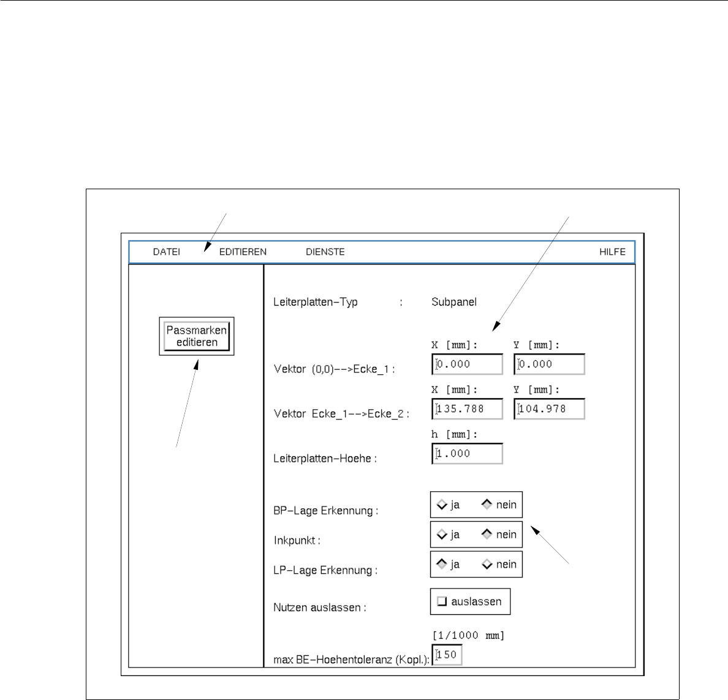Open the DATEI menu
pyautogui.click(x=166, y=252)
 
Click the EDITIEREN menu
pyautogui.click(x=243, y=252)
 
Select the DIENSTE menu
pyautogui.click(x=325, y=252)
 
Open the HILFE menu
pyautogui.click(x=612, y=252)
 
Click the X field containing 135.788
pyautogui.click(x=468, y=409)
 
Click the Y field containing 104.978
pyautogui.click(x=550, y=409)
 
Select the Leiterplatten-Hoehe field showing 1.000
pyautogui.click(x=468, y=454)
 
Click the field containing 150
pyautogui.click(x=447, y=655)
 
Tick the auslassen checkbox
pyautogui.click(x=441, y=601)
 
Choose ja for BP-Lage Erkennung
pyautogui.click(x=442, y=505)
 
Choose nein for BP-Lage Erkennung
pyautogui.click(x=487, y=505)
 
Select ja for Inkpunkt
pyautogui.click(x=442, y=535)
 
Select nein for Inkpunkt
pyautogui.click(x=487, y=535)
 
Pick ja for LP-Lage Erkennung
pyautogui.click(x=442, y=564)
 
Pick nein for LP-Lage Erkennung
pyautogui.click(x=487, y=564)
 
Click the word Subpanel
pyautogui.click(x=454, y=302)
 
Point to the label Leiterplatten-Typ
pyautogui.click(x=315, y=302)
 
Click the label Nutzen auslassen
pyautogui.click(x=319, y=608)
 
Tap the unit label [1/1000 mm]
pyautogui.click(x=468, y=636)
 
